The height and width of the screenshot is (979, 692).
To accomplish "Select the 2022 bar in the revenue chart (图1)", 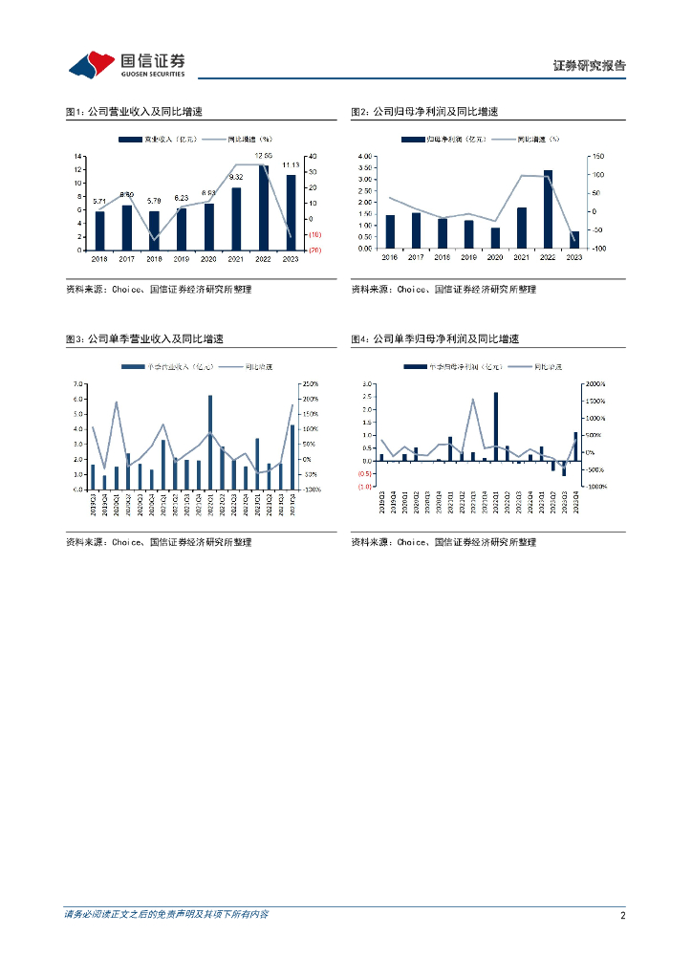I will coord(263,207).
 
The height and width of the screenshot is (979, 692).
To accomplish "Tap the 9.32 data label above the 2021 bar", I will coord(236,177).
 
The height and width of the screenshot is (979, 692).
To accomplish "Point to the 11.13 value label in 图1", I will coord(291,164).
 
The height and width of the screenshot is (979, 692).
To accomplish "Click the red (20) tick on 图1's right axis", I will coord(314,250).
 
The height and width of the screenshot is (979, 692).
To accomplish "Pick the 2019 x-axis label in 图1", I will coord(182,258).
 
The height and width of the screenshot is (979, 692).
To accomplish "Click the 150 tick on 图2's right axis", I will coord(598,156).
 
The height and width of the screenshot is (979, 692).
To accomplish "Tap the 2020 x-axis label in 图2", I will coord(495,258).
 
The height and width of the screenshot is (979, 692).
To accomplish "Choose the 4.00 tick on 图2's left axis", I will coord(364,156).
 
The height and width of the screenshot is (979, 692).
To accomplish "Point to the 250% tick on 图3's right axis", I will coord(311,384).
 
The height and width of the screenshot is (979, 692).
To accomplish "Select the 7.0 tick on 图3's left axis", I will coord(80,384).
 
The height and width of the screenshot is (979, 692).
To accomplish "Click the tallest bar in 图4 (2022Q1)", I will coord(495,426).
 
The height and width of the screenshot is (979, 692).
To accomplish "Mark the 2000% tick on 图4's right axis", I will coord(595,384).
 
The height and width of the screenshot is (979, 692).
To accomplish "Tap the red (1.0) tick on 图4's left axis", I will coord(365,487).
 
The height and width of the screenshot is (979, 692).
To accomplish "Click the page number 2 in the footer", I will coord(622,915).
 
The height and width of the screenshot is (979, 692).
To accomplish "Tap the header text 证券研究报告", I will coord(590,66).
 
